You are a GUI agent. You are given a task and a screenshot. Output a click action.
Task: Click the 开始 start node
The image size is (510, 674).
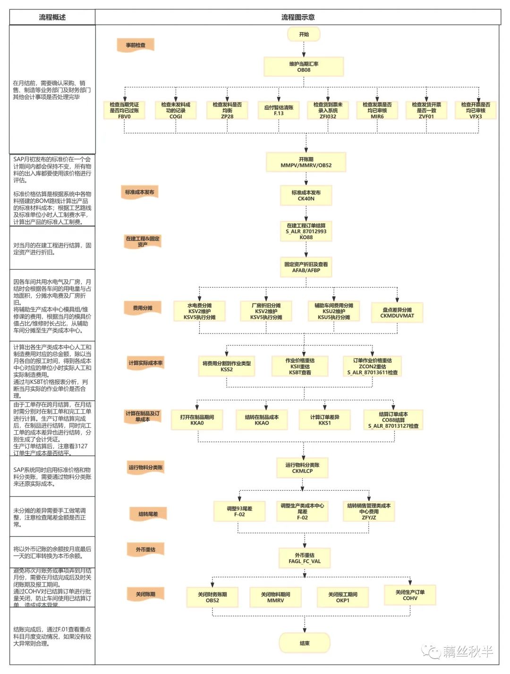(x=304, y=34)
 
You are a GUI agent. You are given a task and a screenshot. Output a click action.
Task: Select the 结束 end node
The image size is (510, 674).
(x=304, y=643)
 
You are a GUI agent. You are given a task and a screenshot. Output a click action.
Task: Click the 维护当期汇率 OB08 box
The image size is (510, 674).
(x=304, y=67)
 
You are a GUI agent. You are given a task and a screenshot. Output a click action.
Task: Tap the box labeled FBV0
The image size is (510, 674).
(x=124, y=110)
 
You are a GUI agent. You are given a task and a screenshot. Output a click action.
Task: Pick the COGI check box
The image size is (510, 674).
(x=176, y=110)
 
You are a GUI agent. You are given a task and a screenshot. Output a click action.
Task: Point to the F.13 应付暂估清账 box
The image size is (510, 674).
(x=279, y=110)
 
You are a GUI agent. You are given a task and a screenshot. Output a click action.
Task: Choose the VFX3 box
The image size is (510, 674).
(x=476, y=110)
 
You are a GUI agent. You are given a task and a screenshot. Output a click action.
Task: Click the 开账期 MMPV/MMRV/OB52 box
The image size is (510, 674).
(x=306, y=162)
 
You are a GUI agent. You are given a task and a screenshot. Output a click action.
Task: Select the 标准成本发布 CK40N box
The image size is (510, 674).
(x=306, y=196)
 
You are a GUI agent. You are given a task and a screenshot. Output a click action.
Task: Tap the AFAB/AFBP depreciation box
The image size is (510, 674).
(x=306, y=267)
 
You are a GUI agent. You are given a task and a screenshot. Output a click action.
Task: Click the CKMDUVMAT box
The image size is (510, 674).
(x=397, y=313)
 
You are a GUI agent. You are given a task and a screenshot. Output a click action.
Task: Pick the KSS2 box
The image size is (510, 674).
(x=227, y=366)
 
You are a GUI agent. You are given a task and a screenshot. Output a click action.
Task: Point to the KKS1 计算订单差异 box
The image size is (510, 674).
(x=324, y=420)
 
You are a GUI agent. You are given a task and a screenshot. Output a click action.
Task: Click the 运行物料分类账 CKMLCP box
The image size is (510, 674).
(x=302, y=468)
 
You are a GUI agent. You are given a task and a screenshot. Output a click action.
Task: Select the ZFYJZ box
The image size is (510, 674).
(x=369, y=511)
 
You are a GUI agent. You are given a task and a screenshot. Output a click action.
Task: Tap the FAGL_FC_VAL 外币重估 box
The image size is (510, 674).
(x=305, y=558)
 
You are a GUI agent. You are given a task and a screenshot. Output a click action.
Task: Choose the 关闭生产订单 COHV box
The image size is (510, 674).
(x=410, y=595)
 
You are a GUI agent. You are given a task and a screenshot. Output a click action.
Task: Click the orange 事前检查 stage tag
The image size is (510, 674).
(x=136, y=45)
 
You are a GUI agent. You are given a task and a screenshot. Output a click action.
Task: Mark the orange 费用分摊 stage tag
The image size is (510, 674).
(x=143, y=308)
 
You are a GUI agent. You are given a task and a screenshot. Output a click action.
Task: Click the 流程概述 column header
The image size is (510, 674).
(x=52, y=17)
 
